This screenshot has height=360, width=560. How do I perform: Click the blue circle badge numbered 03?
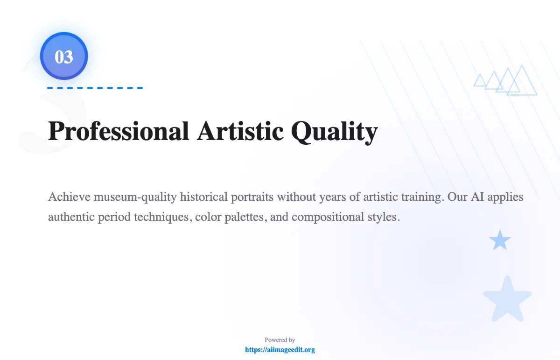[x=64, y=56]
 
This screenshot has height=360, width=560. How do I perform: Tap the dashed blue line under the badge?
[x=95, y=88]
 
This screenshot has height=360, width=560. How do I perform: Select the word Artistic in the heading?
[x=240, y=131]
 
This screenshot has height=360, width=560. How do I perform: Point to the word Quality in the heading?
[x=334, y=132]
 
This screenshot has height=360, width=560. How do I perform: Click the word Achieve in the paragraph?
[x=69, y=197]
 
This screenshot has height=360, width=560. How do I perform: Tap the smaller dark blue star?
[x=500, y=240]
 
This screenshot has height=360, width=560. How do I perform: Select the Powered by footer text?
[x=280, y=340]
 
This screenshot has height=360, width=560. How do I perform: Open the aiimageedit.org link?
[x=280, y=349]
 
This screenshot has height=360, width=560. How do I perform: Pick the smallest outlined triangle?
[x=480, y=81]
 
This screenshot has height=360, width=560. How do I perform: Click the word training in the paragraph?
[x=421, y=197]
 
